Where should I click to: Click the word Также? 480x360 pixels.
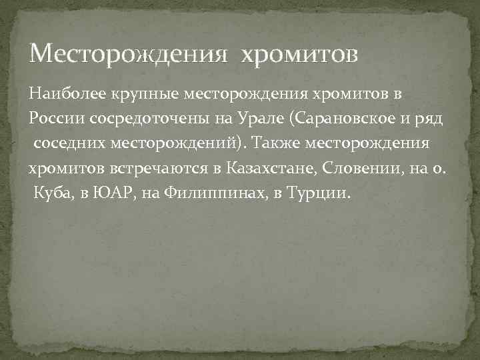tap(280, 143)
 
